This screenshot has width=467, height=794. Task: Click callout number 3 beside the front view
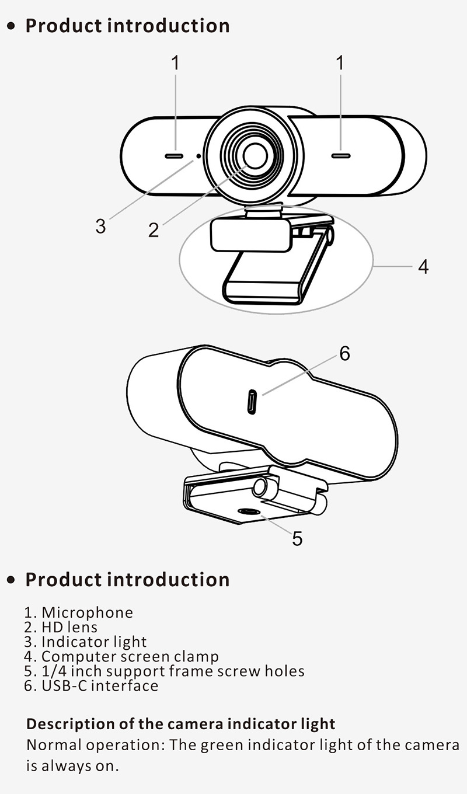[100, 226]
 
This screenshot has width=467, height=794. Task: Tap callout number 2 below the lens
[154, 230]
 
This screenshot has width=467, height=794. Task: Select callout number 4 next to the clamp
[423, 267]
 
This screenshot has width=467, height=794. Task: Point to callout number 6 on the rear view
[344, 353]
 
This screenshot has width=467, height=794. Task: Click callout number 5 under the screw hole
[297, 538]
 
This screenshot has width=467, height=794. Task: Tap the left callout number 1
[175, 62]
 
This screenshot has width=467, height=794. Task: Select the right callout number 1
[340, 62]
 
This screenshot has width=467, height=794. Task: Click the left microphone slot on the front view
[175, 156]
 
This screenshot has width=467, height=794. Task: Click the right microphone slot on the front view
[341, 156]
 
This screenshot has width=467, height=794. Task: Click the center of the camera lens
[256, 156]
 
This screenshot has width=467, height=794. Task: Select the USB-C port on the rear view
[252, 402]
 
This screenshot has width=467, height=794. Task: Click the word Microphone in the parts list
[87, 612]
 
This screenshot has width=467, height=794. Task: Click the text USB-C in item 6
[67, 685]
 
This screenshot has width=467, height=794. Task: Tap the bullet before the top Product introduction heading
[12, 26]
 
